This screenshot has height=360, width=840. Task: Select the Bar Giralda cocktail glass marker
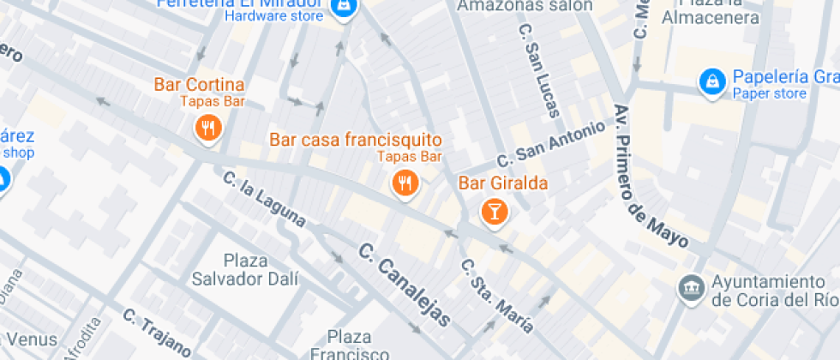tap(495, 211)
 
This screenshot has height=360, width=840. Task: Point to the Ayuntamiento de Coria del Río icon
tap(690, 289)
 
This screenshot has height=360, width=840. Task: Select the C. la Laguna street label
tap(264, 200)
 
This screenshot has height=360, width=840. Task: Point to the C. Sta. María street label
tap(497, 297)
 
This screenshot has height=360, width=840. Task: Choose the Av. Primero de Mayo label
tap(651, 177)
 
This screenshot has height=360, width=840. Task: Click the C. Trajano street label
tap(156, 332)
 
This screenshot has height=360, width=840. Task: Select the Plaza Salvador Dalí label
tap(245, 269)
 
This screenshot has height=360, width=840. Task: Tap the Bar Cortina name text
tap(199, 85)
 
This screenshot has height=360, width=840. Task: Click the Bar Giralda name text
tap(503, 183)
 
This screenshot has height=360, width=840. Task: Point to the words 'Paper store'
tap(769, 94)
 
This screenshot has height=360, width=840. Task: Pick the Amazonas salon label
tap(525, 5)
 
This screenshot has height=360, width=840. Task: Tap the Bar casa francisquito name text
tap(356, 139)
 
